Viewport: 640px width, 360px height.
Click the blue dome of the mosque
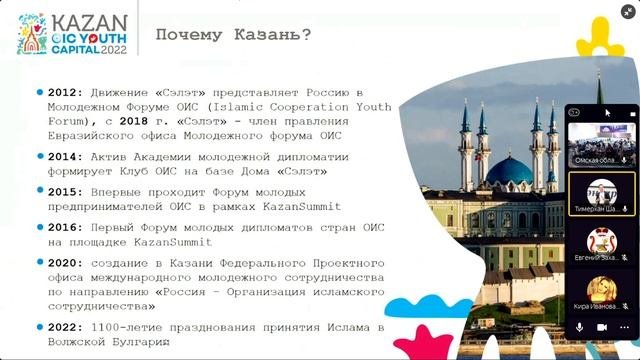(509, 169)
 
